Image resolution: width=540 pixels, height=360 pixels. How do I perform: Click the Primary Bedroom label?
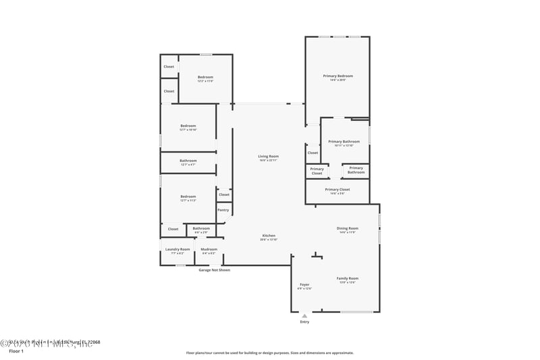pos(337,76)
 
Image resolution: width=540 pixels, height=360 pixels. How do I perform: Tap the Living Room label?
pos(268,157)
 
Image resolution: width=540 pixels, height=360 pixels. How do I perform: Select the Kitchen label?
pos(269,236)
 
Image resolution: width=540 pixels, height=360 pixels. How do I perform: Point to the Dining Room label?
pos(348,228)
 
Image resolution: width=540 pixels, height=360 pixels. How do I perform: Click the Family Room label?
pos(348,278)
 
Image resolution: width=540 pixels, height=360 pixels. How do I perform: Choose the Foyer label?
pos(304,285)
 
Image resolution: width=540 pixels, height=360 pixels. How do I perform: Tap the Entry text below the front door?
pos(304,322)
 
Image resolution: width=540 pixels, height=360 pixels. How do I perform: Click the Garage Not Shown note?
pos(214,270)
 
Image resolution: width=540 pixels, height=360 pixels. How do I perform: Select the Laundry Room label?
pos(178,249)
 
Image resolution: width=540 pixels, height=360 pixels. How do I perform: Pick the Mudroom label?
pos(209,249)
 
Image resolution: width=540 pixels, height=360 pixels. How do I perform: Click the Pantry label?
pos(223,210)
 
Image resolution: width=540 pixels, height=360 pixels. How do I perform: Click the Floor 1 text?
pos(16,351)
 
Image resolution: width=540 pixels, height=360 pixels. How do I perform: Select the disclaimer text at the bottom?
pos(269,353)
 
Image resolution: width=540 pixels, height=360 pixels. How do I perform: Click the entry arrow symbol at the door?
pos(304,315)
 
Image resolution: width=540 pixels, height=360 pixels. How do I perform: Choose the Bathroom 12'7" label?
pos(188,161)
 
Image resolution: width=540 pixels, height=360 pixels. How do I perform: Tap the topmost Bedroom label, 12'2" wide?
pos(205,78)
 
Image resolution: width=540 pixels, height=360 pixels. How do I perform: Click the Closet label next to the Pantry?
pos(224,195)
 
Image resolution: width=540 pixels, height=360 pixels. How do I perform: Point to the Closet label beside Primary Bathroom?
pos(313,153)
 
